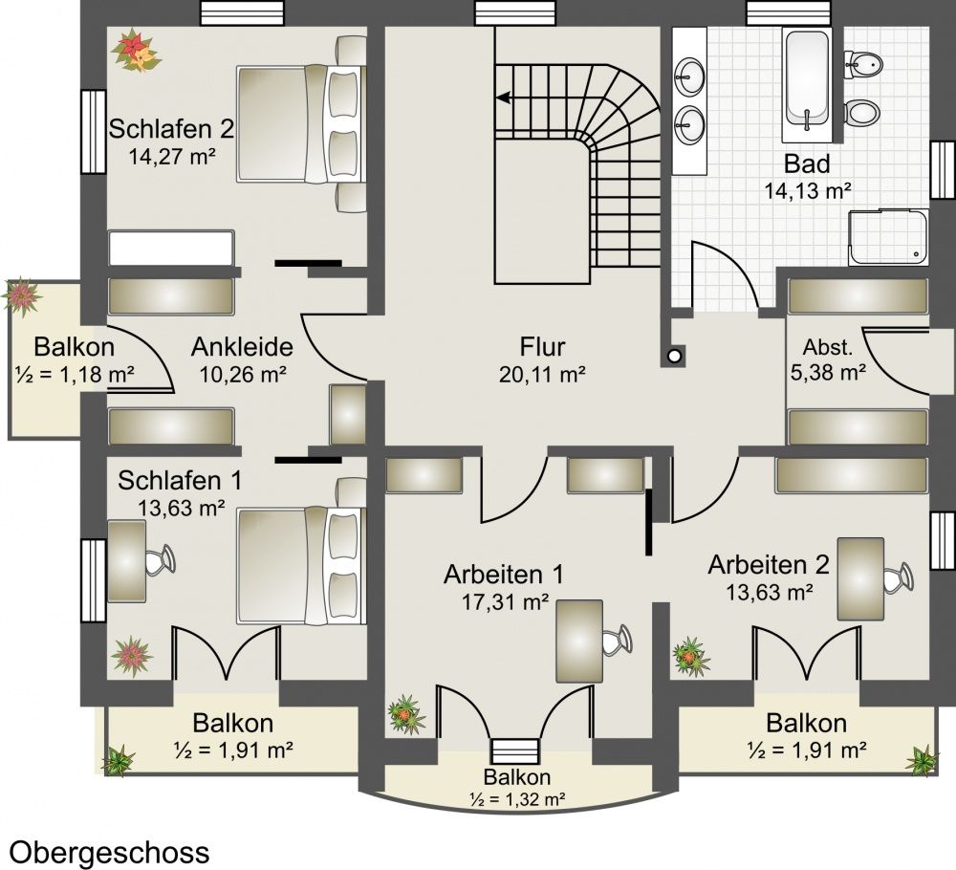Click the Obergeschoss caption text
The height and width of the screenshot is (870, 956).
click(110, 853)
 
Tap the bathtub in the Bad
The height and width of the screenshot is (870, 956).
click(807, 79)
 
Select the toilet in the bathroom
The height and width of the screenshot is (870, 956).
click(862, 113)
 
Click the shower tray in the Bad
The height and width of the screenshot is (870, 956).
click(889, 237)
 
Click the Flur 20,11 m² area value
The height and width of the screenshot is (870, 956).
click(542, 375)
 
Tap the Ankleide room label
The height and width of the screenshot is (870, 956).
click(242, 347)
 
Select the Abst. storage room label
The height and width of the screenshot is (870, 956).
click(827, 347)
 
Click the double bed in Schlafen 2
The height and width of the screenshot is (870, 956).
click(302, 124)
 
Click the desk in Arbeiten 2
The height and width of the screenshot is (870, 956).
click(860, 578)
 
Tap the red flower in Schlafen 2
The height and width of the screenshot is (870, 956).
click(136, 51)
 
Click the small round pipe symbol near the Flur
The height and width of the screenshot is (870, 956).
click(674, 356)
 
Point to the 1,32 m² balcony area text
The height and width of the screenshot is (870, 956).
click(516, 798)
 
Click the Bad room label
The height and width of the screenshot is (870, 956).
click(807, 163)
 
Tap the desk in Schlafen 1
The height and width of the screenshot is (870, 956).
click(127, 561)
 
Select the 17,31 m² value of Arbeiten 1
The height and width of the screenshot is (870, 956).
click(504, 602)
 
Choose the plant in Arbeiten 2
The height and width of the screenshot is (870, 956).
click(691, 657)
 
